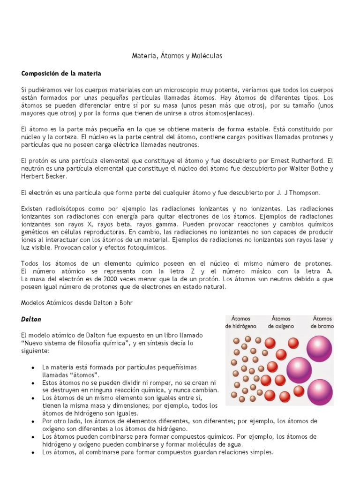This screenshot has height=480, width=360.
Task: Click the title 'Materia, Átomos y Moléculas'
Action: (x=176, y=56)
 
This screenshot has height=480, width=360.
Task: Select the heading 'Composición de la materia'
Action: (x=61, y=74)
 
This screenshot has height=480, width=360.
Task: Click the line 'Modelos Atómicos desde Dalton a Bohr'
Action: (x=77, y=303)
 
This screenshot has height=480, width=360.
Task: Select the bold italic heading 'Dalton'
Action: (x=31, y=319)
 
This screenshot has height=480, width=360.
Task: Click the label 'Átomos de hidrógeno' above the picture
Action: (x=240, y=322)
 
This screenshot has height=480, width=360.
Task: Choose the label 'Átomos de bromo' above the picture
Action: (x=323, y=322)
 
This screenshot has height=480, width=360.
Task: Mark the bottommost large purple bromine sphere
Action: (x=320, y=392)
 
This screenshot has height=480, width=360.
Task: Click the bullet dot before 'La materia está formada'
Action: (x=32, y=367)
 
